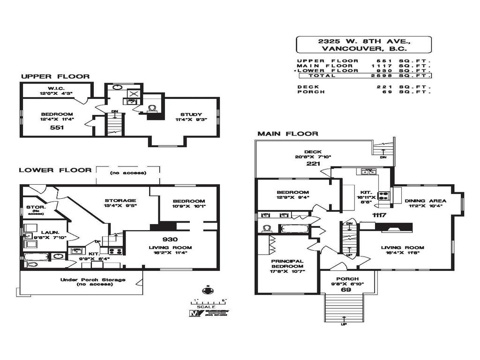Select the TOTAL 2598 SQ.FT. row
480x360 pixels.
(364, 75)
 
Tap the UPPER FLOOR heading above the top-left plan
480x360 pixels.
(55, 76)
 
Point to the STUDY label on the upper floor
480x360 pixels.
(191, 114)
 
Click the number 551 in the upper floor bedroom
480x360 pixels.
(56, 127)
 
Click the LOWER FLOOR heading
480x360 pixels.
(55, 170)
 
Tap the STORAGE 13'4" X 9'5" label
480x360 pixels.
(120, 201)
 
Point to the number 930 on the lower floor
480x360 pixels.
(170, 239)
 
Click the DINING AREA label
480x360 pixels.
(426, 201)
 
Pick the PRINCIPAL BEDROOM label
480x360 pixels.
(287, 264)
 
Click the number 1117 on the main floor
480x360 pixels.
(379, 215)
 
